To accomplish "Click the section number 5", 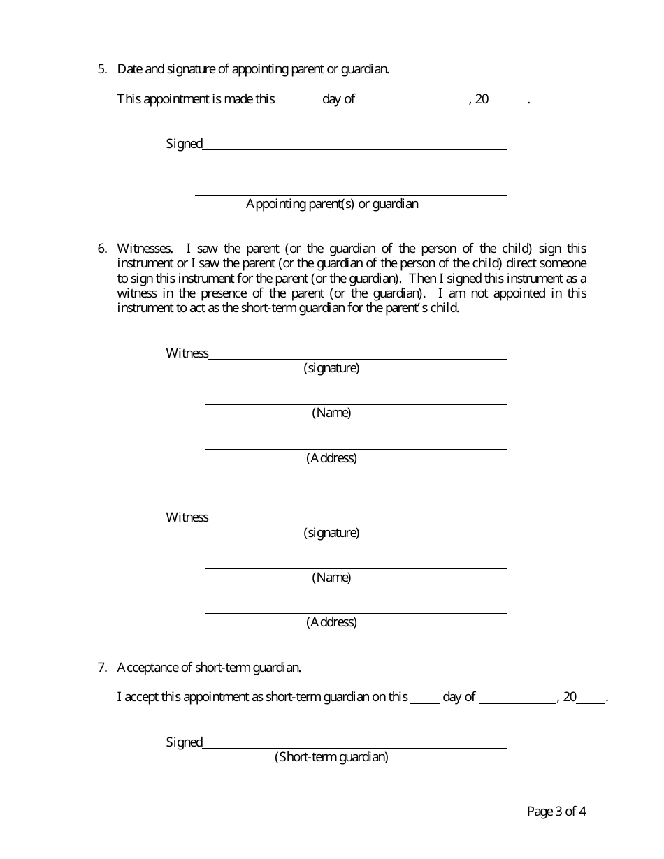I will (101, 69).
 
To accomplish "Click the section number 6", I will (101, 249).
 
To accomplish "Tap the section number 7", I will (101, 668).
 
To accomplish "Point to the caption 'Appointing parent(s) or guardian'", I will (332, 204).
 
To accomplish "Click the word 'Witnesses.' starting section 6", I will (145, 249).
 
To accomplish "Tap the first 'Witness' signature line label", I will (187, 353).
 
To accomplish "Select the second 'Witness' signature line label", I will (187, 517).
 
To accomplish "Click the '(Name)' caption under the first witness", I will (331, 413).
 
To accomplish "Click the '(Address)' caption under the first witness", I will (331, 458).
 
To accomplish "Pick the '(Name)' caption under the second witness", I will (331, 578).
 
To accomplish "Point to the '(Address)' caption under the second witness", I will (331, 622).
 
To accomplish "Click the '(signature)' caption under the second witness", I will (331, 533).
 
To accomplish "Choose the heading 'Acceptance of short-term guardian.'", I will (209, 668).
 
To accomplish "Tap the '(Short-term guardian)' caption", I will (331, 757).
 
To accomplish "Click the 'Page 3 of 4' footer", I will (556, 812).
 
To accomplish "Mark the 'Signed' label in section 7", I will (184, 742).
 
